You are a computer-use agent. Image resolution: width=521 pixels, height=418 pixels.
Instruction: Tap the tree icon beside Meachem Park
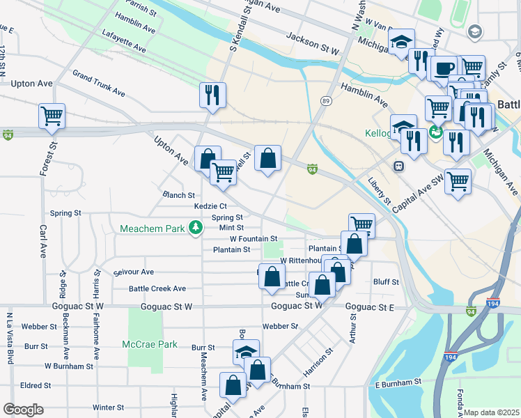click(x=198, y=226)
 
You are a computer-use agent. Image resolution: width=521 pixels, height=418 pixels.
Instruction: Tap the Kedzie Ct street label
click(x=210, y=206)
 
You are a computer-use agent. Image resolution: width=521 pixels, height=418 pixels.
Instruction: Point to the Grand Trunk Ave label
click(x=98, y=83)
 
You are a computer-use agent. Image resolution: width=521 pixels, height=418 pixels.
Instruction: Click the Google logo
click(x=23, y=410)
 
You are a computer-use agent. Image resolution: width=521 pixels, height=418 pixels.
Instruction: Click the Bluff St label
click(x=386, y=282)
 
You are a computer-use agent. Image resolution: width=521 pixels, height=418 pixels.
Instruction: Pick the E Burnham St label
click(x=398, y=382)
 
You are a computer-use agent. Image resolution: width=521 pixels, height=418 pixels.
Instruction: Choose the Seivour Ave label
click(x=129, y=272)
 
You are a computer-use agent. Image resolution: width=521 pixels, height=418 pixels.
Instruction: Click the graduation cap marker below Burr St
click(x=246, y=351)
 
